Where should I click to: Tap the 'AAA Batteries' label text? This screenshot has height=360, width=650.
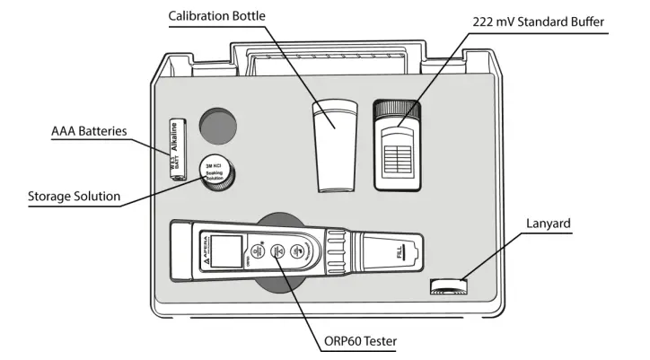[x=88, y=131]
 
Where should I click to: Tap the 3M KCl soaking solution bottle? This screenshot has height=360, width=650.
[x=218, y=173]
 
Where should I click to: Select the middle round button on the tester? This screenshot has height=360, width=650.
[x=279, y=252]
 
